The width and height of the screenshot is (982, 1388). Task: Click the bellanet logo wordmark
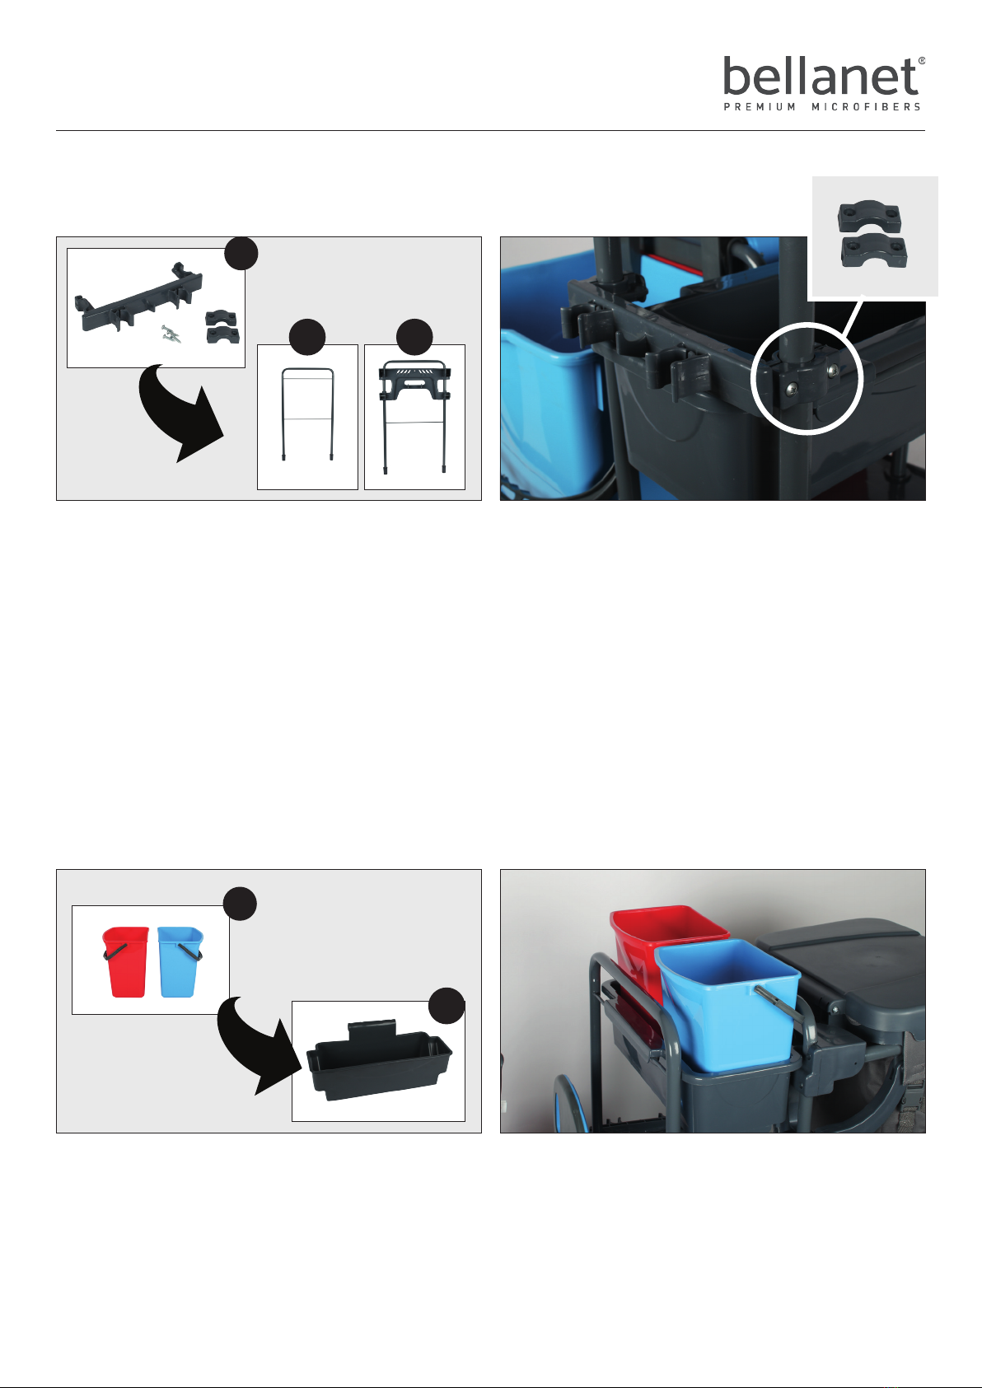(821, 77)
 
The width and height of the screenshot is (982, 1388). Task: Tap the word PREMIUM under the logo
(760, 106)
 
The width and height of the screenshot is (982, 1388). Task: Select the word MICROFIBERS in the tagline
(866, 106)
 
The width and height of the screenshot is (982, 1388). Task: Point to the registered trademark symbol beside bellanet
(922, 61)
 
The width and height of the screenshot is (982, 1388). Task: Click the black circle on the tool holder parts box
(241, 253)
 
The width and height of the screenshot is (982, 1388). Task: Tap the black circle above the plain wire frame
(307, 337)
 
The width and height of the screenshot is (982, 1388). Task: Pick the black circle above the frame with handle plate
(414, 337)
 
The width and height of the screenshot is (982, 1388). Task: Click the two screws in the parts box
(171, 334)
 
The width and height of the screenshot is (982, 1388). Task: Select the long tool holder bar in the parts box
(138, 297)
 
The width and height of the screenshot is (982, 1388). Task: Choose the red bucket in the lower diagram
(126, 961)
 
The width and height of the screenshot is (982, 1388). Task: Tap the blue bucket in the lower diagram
(180, 961)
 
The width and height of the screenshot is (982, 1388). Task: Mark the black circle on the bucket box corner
(240, 904)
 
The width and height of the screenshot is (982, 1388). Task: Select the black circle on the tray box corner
(447, 1006)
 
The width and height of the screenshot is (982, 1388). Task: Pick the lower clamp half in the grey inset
(874, 250)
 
